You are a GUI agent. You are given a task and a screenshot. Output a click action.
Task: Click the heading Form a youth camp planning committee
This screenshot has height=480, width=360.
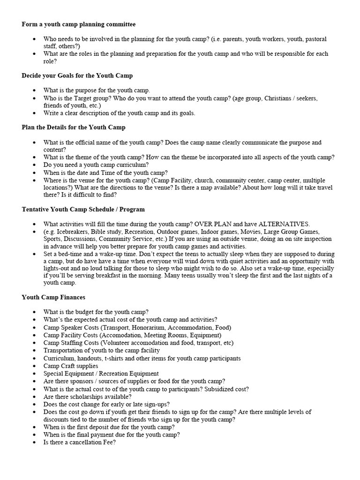pyautogui.click(x=79, y=24)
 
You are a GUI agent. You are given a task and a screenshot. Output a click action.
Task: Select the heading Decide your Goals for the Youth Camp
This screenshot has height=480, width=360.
pyautogui.click(x=77, y=75)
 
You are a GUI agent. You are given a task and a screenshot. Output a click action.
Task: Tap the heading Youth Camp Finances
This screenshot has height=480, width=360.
pyautogui.click(x=53, y=297)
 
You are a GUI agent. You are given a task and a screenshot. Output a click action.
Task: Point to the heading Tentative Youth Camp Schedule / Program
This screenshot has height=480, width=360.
pyautogui.click(x=83, y=209)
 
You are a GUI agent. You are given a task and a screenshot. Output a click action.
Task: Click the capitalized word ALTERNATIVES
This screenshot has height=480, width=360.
pyautogui.click(x=284, y=224)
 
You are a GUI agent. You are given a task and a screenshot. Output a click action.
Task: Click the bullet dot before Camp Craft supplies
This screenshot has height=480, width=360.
pyautogui.click(x=35, y=366)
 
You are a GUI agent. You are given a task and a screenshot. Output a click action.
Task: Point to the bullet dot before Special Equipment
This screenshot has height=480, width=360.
pyautogui.click(x=35, y=374)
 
